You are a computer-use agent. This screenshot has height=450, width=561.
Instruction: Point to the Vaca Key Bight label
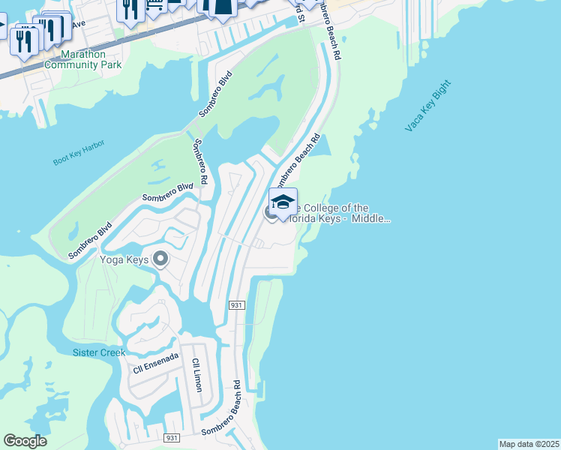[x=428, y=112]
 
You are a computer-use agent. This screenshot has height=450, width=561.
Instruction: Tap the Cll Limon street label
[x=197, y=375]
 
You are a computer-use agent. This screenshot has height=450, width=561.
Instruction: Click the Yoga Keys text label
[x=124, y=260]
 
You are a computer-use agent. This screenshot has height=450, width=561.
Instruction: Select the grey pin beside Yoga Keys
[x=159, y=259]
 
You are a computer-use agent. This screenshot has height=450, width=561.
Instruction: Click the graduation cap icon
[x=283, y=202]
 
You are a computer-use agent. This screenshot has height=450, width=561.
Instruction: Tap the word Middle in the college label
[x=372, y=219]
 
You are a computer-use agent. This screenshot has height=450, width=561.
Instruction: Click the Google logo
[x=25, y=441]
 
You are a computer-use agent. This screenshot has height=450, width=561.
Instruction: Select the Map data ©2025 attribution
[x=529, y=443]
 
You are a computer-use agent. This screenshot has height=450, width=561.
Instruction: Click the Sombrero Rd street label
[x=200, y=163]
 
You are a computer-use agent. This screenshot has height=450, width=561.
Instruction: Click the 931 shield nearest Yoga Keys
[x=236, y=305]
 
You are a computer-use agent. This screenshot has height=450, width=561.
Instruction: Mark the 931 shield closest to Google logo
[x=172, y=437]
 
